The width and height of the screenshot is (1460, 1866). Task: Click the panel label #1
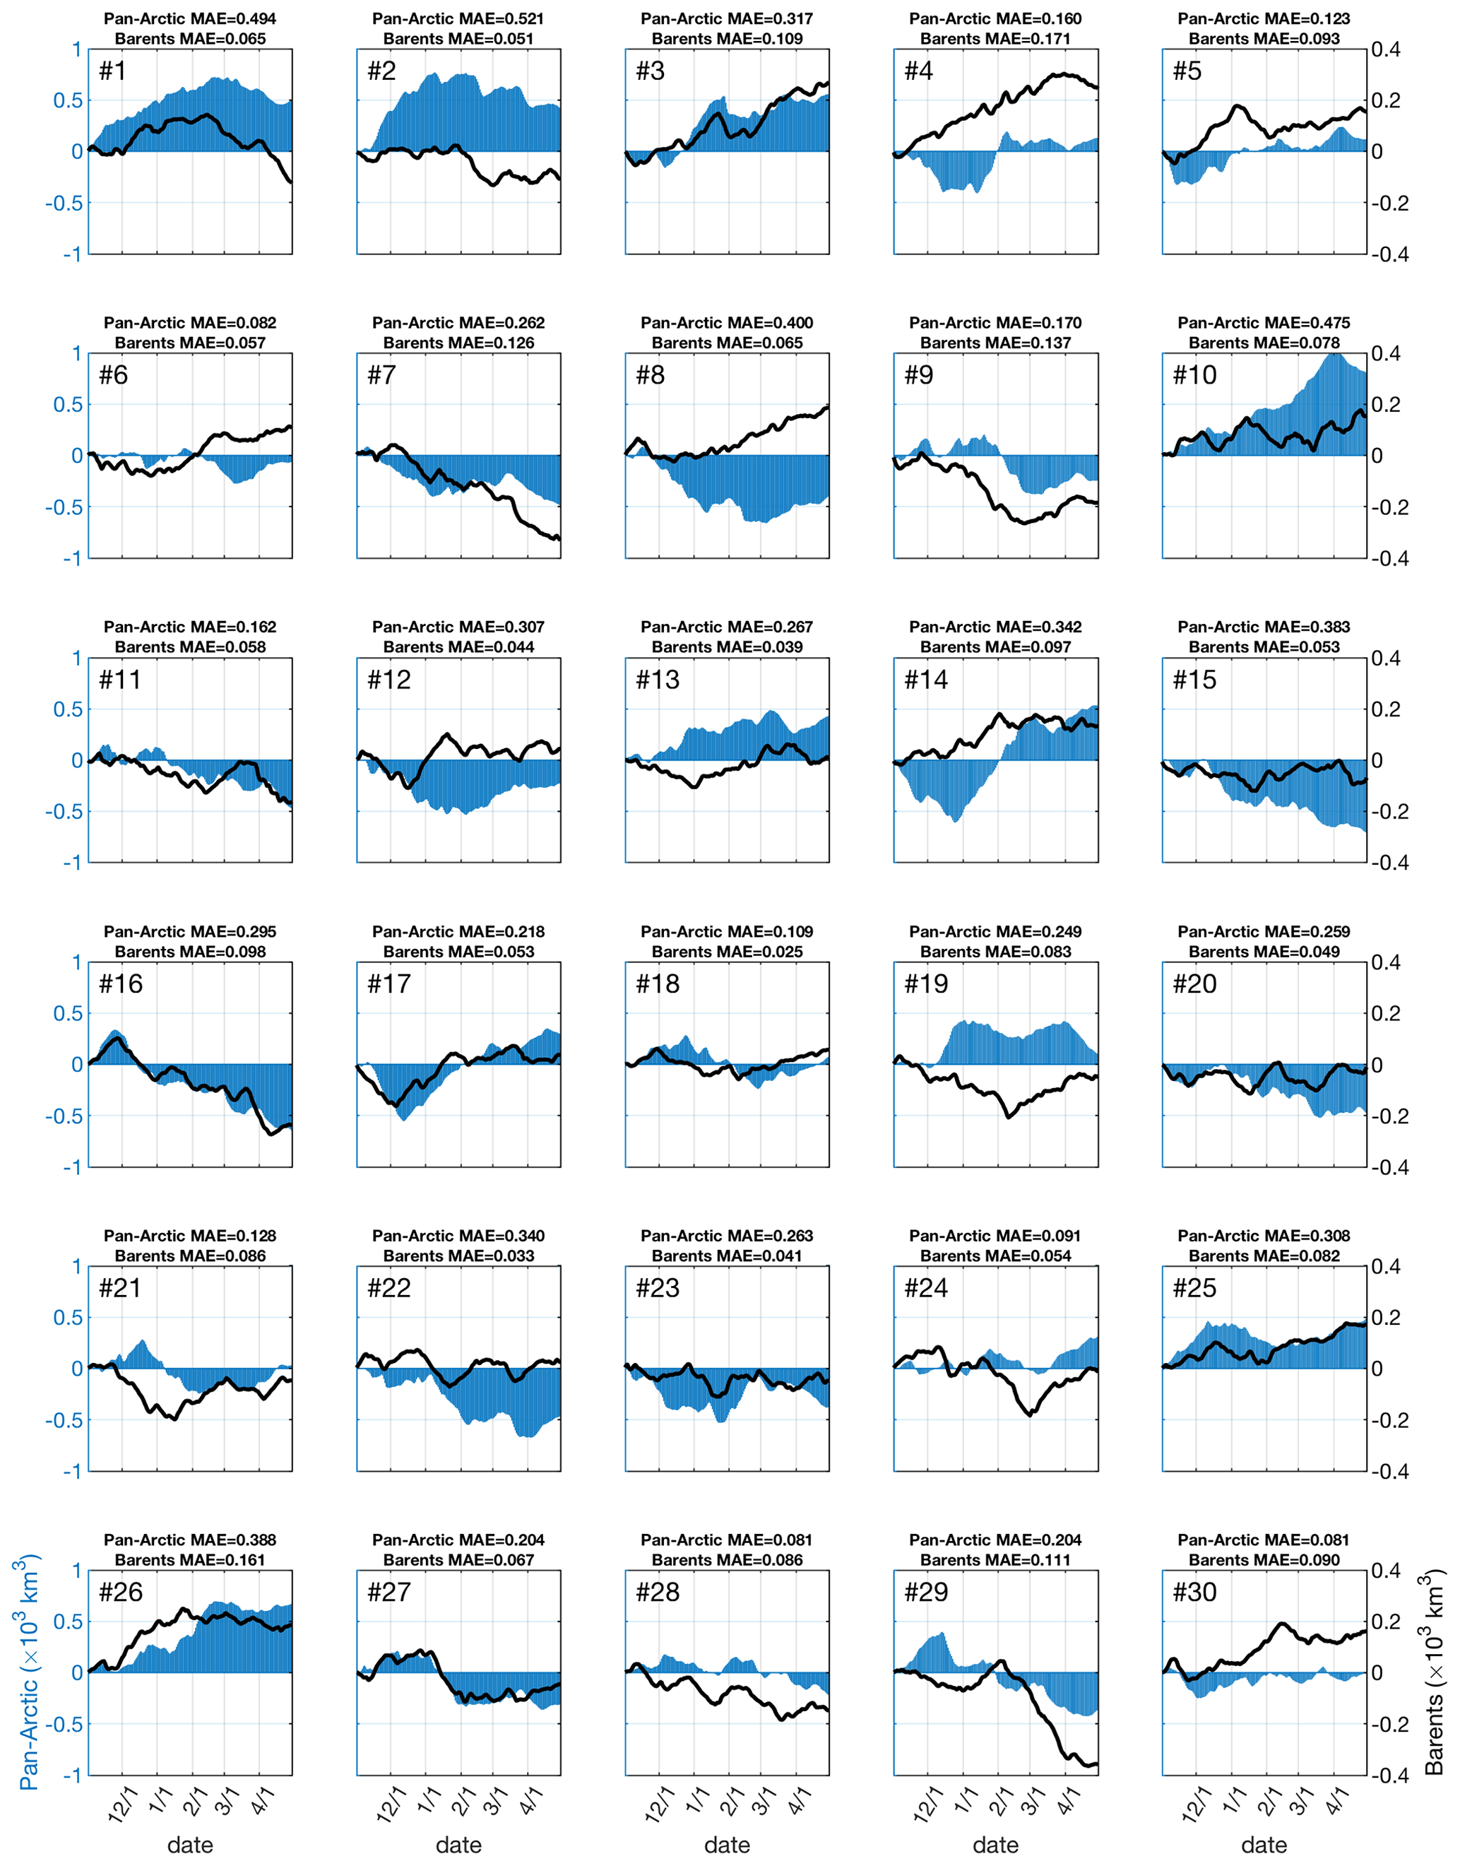(x=112, y=71)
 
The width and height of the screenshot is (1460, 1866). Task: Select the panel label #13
(x=658, y=680)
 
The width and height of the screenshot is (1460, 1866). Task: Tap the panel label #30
(x=1194, y=1593)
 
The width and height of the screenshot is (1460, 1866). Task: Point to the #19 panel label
(x=926, y=984)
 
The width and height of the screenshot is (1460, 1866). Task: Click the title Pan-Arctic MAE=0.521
(x=458, y=18)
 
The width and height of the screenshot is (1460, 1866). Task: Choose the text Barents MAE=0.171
(x=995, y=38)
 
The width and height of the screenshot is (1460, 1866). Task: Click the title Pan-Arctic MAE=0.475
(x=1264, y=322)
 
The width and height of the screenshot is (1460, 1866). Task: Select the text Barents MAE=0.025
(x=727, y=952)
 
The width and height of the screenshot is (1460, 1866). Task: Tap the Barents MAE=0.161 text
(x=190, y=1560)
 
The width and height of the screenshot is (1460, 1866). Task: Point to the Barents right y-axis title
(x=1436, y=1672)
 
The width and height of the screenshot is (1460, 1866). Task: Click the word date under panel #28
(x=727, y=1845)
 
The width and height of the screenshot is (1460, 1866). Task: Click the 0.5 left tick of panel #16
(x=68, y=1013)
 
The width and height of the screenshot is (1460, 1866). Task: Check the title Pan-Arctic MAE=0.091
(x=995, y=1236)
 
